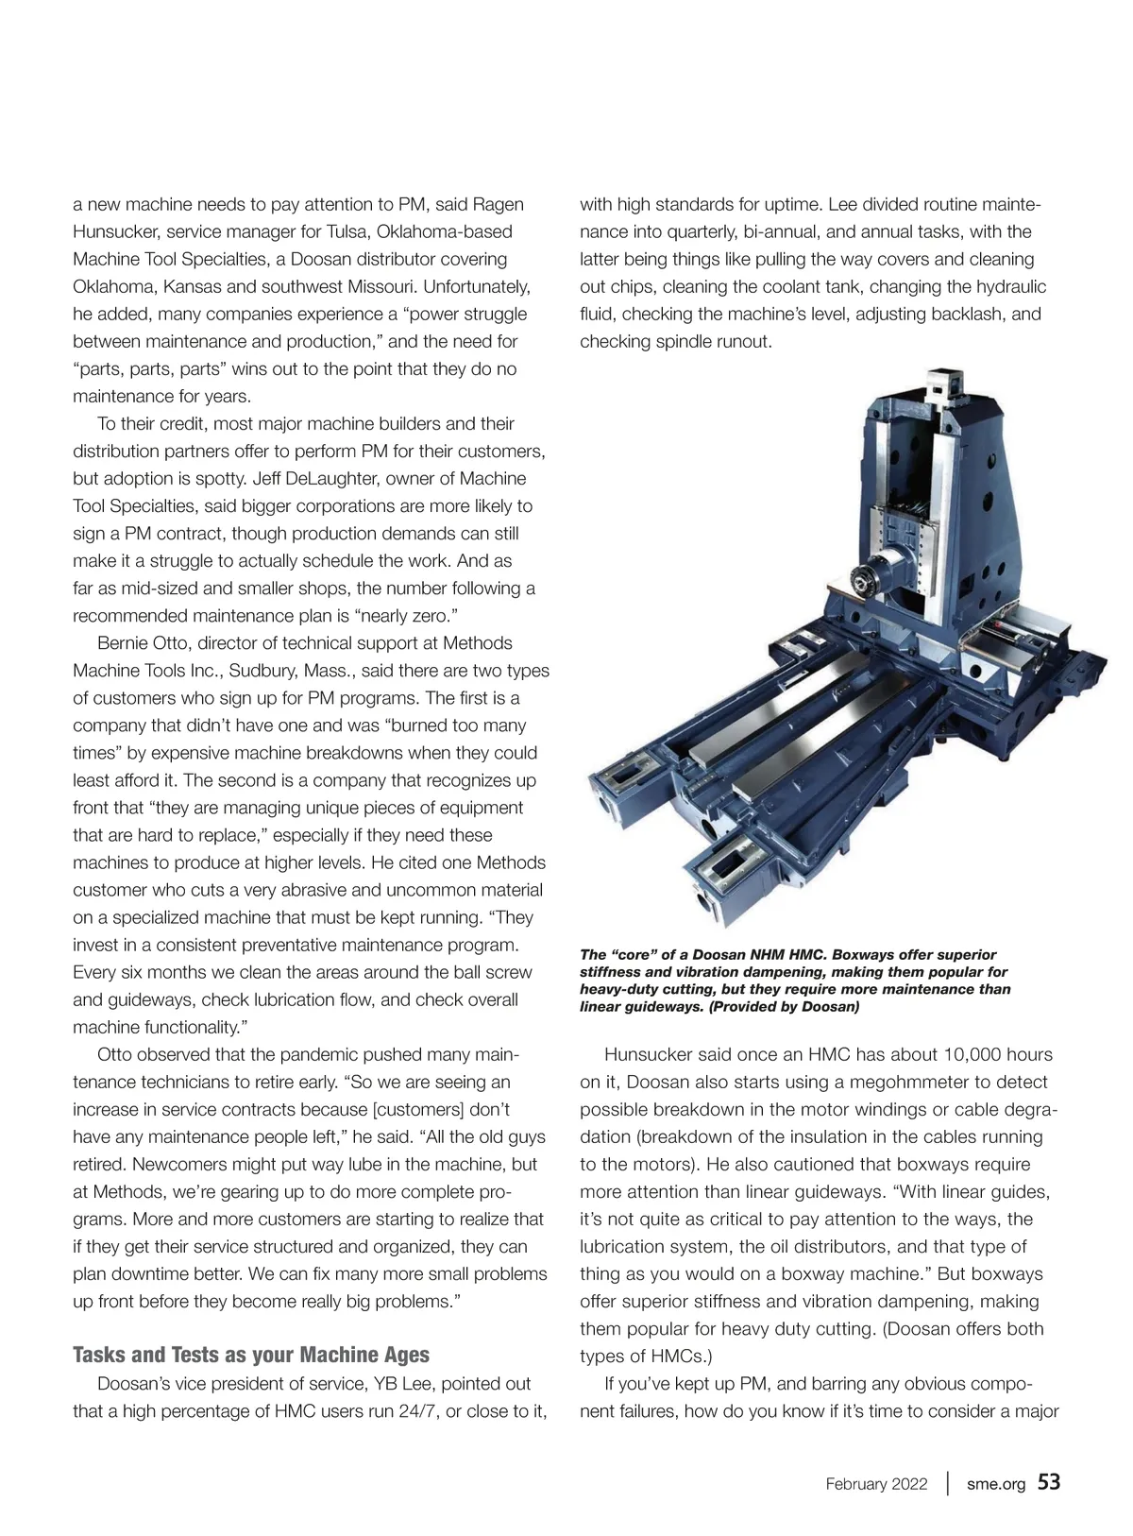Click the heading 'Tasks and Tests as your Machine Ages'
click(x=251, y=1356)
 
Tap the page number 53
click(x=1049, y=1482)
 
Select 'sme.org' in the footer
click(x=995, y=1484)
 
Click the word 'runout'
click(x=742, y=341)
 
